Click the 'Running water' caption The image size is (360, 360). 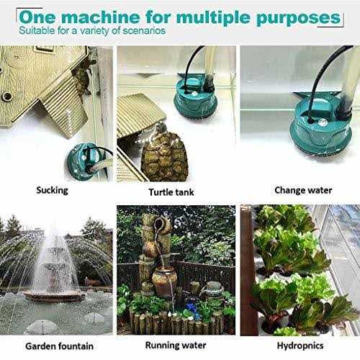175,345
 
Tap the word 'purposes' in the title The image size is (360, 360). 301,15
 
